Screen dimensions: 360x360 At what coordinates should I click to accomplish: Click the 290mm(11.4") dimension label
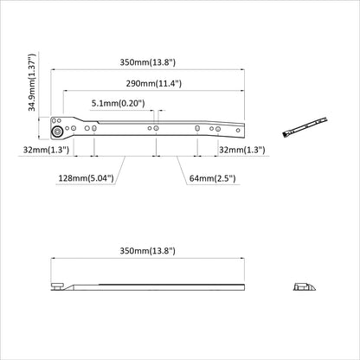[152, 84]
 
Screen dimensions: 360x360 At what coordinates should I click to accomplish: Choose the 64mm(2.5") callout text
[211, 178]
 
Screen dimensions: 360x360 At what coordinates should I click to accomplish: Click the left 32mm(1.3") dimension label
[47, 151]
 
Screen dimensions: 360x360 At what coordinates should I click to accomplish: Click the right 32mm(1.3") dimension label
[243, 151]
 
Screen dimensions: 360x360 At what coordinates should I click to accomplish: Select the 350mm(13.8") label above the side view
[148, 250]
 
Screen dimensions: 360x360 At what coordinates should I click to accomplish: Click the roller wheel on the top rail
[57, 132]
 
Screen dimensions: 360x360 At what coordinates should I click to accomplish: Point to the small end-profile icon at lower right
[304, 286]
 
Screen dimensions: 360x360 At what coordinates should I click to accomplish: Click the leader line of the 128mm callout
[118, 169]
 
